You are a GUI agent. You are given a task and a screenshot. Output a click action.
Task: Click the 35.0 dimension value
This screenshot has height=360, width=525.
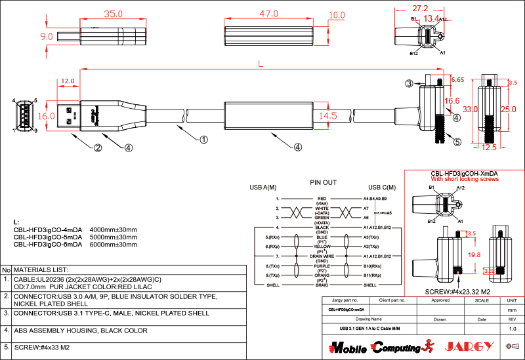[x=114, y=14]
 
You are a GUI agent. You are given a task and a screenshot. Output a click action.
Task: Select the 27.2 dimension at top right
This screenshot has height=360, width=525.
[x=421, y=9]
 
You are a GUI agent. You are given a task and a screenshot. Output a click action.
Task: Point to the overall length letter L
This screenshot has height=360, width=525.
[x=261, y=64]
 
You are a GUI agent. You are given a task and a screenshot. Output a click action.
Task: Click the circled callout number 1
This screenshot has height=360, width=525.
[x=203, y=140]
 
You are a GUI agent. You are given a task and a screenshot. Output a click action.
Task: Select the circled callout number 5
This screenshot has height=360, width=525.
[x=457, y=141]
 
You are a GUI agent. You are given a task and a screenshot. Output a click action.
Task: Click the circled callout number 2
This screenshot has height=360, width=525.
[x=97, y=148]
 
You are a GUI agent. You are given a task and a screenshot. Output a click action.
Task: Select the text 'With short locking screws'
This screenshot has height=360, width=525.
[x=465, y=179]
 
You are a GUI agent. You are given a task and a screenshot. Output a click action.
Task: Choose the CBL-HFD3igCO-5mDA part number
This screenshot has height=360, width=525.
[x=48, y=237]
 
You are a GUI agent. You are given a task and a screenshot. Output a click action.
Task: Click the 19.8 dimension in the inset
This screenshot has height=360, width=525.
[x=474, y=254]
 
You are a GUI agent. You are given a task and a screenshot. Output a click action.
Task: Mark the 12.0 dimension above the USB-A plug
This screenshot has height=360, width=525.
[x=68, y=81]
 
